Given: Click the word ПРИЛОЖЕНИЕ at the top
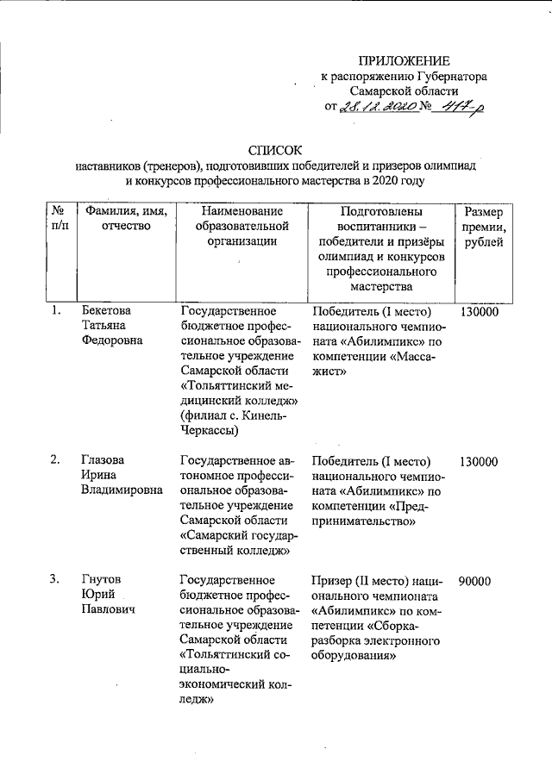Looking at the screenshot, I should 404,60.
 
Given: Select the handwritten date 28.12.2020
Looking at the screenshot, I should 375,106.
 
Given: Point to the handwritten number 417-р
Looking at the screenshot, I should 457,106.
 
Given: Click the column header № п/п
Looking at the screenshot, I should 57,219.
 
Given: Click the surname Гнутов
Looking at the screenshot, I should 101,580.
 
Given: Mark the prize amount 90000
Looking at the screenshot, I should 475,581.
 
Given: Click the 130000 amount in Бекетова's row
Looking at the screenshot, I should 479,310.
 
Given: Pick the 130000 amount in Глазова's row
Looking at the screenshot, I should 479,461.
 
